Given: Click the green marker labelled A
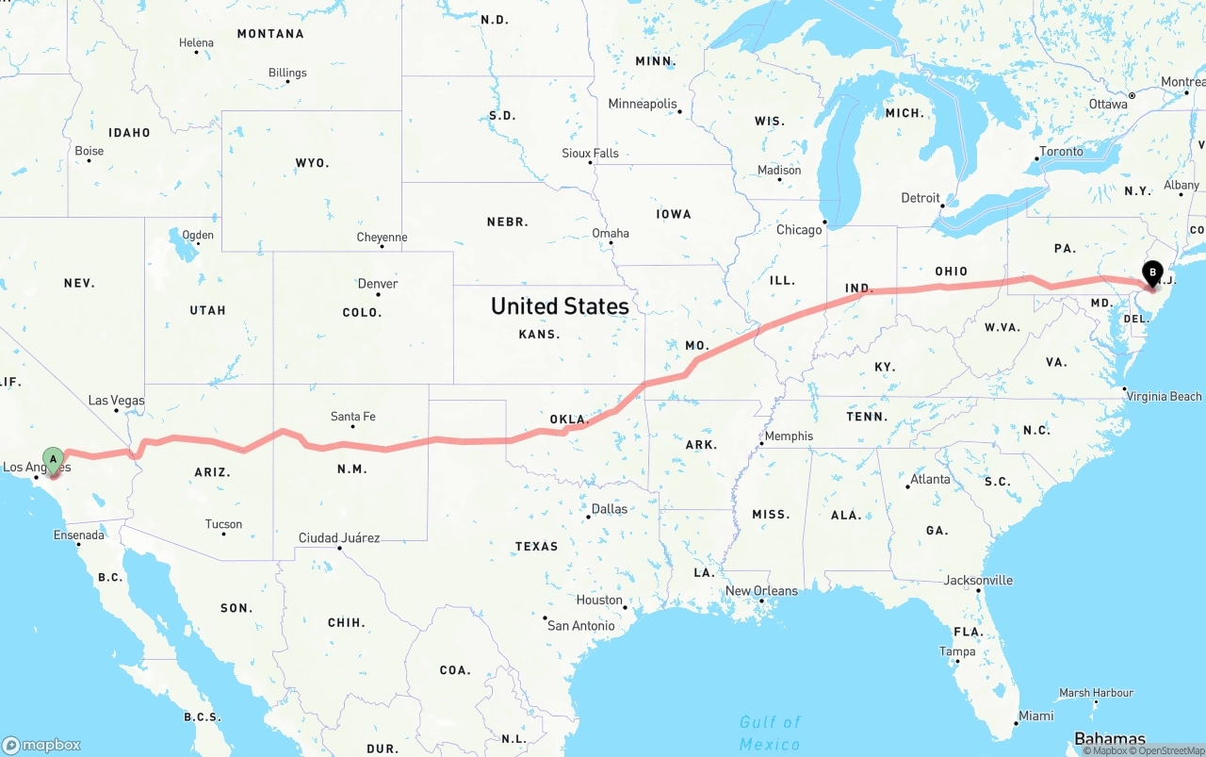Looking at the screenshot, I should click(54, 459).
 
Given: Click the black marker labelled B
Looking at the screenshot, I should click(1152, 272).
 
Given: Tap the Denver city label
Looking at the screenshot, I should click(377, 284).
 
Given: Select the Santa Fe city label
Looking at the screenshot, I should click(352, 417).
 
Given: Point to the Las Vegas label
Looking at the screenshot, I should click(116, 401).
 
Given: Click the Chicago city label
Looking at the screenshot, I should click(798, 230).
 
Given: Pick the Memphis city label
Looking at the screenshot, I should click(789, 436).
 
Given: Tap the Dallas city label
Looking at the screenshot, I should click(609, 509).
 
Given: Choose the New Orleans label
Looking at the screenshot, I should click(760, 591).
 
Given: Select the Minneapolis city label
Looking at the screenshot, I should click(643, 104).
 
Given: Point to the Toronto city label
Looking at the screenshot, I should click(1061, 152).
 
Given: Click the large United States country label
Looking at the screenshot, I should click(560, 306).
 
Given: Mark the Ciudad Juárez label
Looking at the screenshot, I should click(339, 538).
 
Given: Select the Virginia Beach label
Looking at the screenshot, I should click(1165, 397).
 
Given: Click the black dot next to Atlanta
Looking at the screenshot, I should click(908, 486).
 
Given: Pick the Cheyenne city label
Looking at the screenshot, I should click(382, 238).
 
